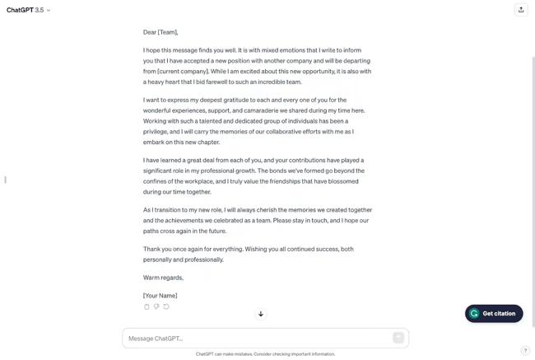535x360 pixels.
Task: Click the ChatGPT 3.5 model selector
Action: [28, 10]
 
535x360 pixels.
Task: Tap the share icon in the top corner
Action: [520, 10]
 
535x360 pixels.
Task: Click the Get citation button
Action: [494, 313]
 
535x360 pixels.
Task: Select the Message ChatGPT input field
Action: [255, 338]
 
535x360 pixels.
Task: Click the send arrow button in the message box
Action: [398, 338]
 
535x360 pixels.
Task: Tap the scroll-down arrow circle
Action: [261, 314]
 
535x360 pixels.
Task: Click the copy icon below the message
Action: [147, 306]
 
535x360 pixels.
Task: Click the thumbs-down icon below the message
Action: [156, 306]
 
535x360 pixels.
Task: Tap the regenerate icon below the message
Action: [166, 306]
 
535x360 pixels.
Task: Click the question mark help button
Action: [525, 351]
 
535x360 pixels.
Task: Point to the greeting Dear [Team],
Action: [160, 32]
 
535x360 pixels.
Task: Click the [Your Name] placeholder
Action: [160, 295]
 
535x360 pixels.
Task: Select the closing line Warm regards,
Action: [163, 278]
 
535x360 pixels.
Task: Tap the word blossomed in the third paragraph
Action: [342, 181]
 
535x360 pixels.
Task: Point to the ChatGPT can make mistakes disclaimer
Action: [265, 354]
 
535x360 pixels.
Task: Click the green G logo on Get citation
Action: [474, 313]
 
